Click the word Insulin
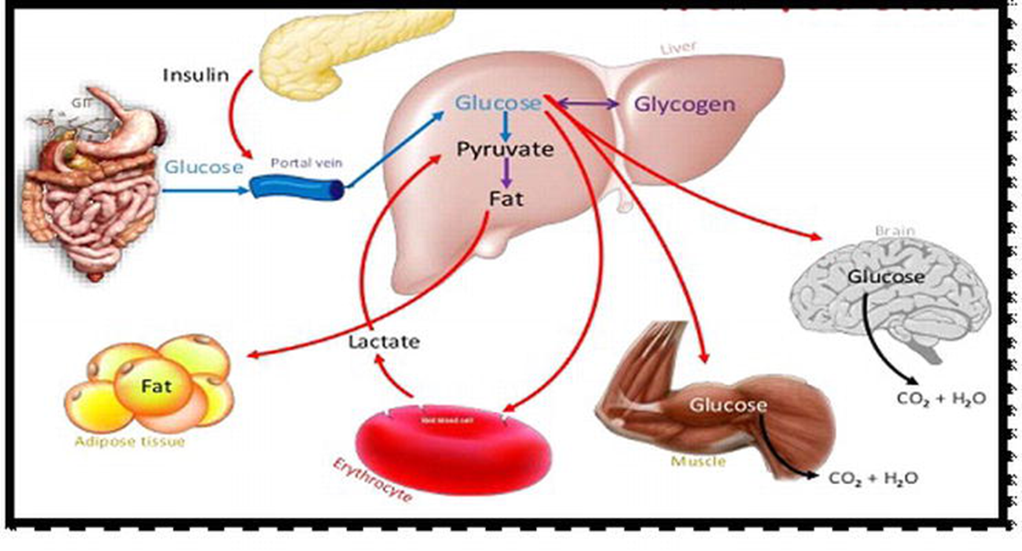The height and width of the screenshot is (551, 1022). pyautogui.click(x=196, y=75)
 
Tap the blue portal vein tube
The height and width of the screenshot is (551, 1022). pyautogui.click(x=296, y=187)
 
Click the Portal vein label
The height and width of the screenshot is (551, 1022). pyautogui.click(x=306, y=162)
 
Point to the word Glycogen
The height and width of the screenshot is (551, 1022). pyautogui.click(x=684, y=104)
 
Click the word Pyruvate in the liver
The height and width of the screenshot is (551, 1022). pyautogui.click(x=505, y=149)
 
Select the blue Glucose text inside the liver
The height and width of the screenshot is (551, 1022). pyautogui.click(x=498, y=103)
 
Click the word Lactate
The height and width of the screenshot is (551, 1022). pyautogui.click(x=384, y=342)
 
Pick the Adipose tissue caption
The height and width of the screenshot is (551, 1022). pyautogui.click(x=130, y=441)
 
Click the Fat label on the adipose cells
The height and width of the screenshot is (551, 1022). pyautogui.click(x=156, y=386)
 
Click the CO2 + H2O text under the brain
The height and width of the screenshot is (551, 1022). pyautogui.click(x=941, y=398)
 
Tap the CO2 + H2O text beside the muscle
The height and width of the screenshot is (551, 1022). pyautogui.click(x=873, y=478)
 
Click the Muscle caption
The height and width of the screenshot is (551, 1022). pyautogui.click(x=698, y=461)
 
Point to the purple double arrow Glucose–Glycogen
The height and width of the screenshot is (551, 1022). pyautogui.click(x=587, y=104)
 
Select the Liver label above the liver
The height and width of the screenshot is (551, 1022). pyautogui.click(x=678, y=47)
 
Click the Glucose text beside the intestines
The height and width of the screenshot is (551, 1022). pyautogui.click(x=204, y=167)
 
